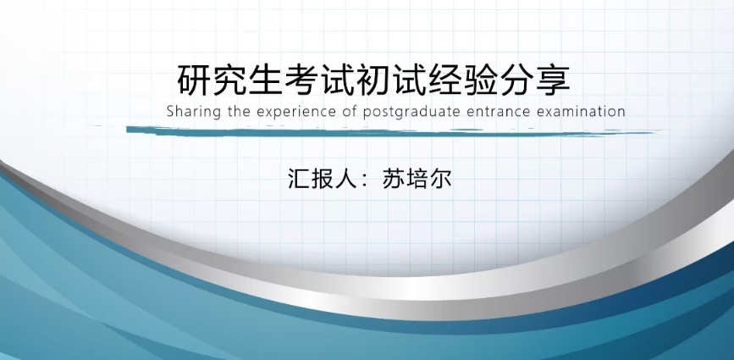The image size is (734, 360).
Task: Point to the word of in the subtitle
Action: tap(350, 112)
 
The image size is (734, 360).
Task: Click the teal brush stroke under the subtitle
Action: tap(389, 131)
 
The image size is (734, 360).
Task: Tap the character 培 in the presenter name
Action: tap(417, 179)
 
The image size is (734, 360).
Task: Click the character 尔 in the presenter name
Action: tap(440, 179)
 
